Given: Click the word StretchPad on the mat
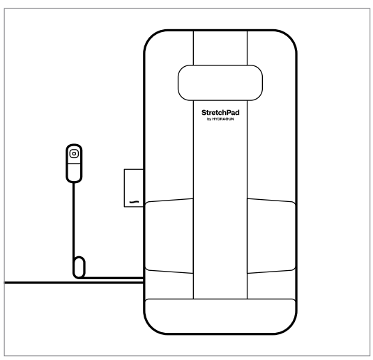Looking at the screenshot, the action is pyautogui.click(x=220, y=112).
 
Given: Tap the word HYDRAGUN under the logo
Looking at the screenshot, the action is pyautogui.click(x=223, y=119).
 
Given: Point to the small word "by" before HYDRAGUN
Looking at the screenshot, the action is pyautogui.click(x=209, y=119).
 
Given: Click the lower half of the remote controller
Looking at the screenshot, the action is pyautogui.click(x=74, y=173).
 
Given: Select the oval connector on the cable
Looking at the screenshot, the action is pyautogui.click(x=79, y=267).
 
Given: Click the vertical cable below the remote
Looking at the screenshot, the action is pyautogui.click(x=73, y=220).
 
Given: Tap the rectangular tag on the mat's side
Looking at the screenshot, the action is pyautogui.click(x=134, y=188).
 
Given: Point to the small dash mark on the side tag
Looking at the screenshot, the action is pyautogui.click(x=134, y=202).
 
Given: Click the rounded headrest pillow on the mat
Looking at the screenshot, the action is pyautogui.click(x=220, y=83).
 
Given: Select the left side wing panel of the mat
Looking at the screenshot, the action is pyautogui.click(x=169, y=236).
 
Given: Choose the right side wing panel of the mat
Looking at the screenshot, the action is pyautogui.click(x=271, y=236).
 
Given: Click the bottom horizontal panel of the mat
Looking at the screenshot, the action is pyautogui.click(x=220, y=316).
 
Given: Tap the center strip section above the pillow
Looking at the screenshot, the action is pyautogui.click(x=220, y=48).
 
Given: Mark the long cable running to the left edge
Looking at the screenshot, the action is pyautogui.click(x=74, y=283).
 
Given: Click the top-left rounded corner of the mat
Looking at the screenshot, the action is pyautogui.click(x=152, y=38).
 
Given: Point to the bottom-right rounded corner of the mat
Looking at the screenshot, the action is pyautogui.click(x=289, y=327).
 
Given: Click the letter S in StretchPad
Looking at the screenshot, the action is pyautogui.click(x=204, y=113).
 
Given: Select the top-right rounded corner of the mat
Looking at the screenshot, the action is pyautogui.click(x=289, y=38).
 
